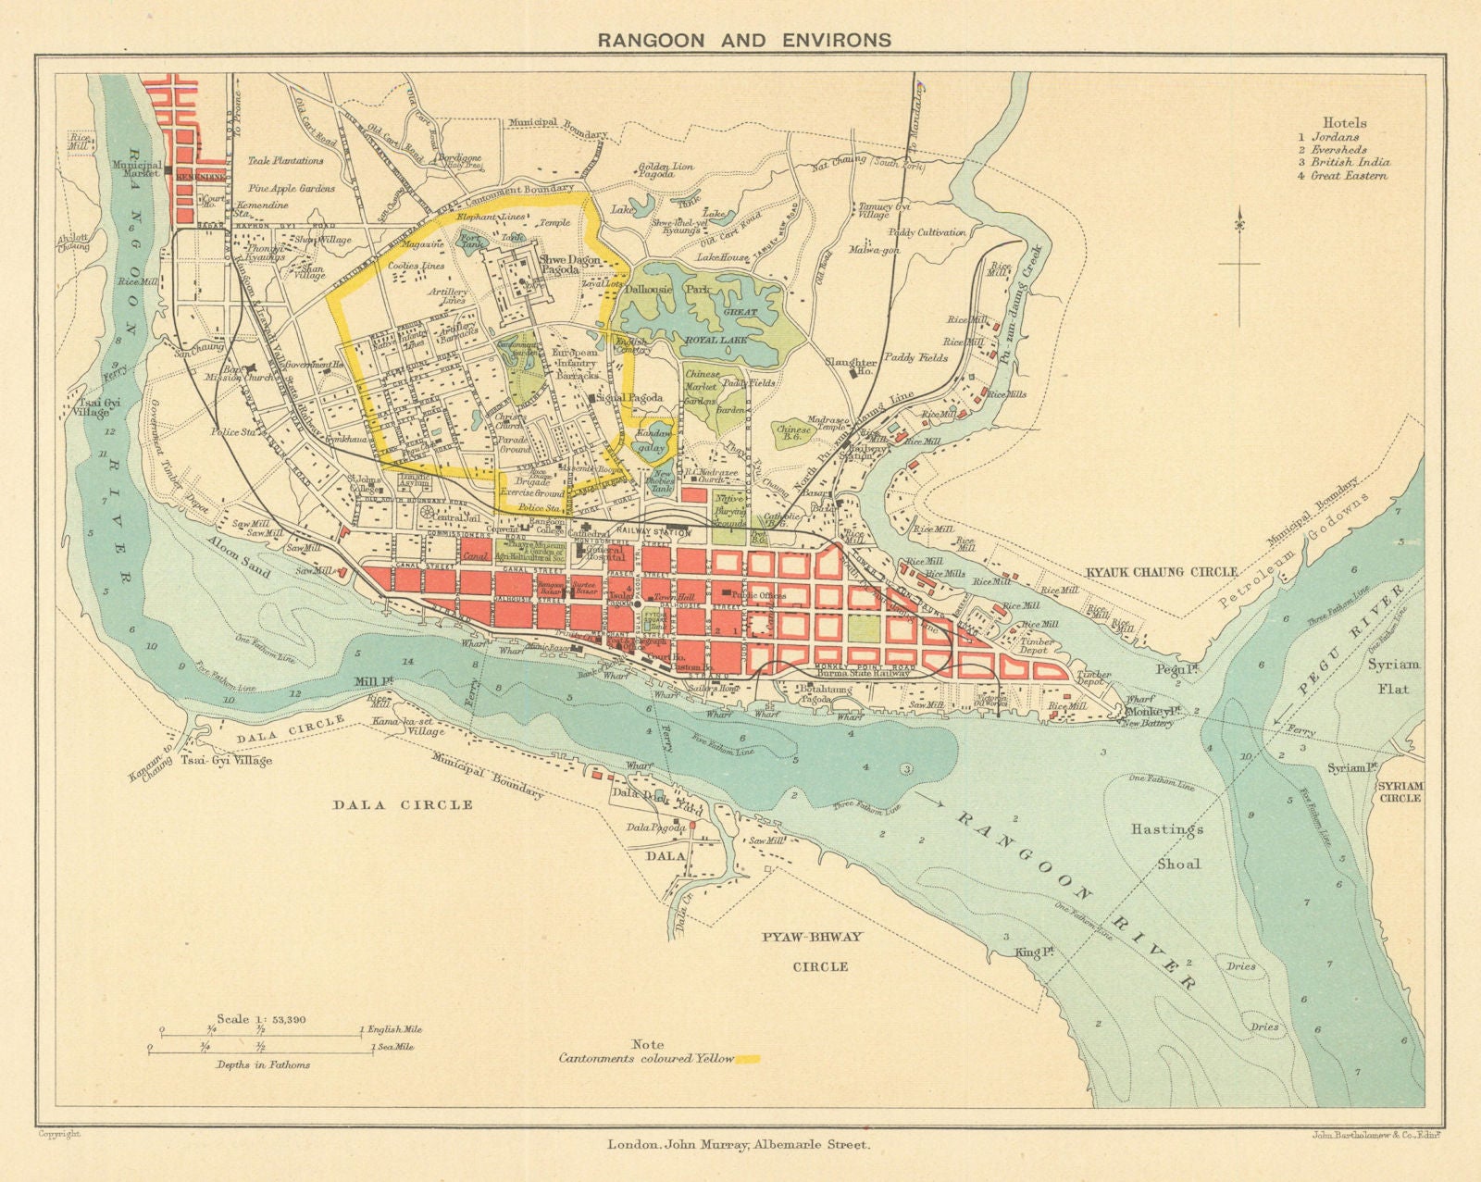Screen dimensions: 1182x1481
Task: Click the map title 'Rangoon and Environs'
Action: (x=744, y=40)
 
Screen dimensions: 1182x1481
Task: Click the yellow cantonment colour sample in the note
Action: (x=745, y=1058)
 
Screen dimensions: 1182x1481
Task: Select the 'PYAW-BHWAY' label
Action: (x=812, y=937)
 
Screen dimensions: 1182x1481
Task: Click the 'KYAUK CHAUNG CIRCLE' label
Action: (x=1162, y=573)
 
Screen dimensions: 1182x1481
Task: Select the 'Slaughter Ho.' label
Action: (x=850, y=368)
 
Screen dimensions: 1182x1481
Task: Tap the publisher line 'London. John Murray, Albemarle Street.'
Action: (x=739, y=1144)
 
